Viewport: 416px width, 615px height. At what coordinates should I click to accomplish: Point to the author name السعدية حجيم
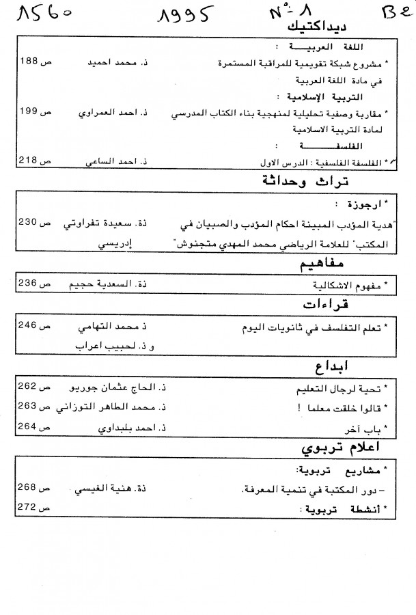tap(120, 284)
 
